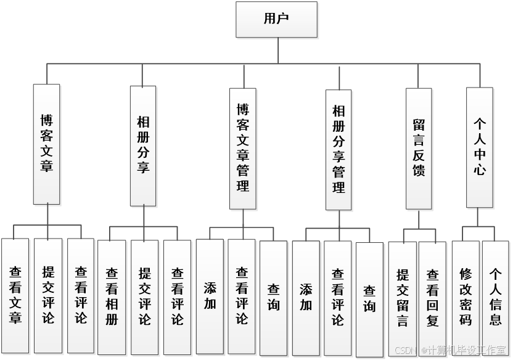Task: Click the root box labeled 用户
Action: coord(276,20)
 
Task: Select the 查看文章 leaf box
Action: coord(15,295)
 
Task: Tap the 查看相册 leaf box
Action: coord(112,297)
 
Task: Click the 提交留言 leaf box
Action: coord(403,298)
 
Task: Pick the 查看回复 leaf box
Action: coord(433,298)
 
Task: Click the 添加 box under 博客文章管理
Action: coord(210,297)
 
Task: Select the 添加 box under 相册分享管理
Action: coord(306,298)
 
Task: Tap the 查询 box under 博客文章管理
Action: coord(274,298)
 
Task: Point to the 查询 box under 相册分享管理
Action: coord(370,299)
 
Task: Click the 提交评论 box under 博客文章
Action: coord(48,295)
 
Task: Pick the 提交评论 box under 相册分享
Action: coord(145,297)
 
